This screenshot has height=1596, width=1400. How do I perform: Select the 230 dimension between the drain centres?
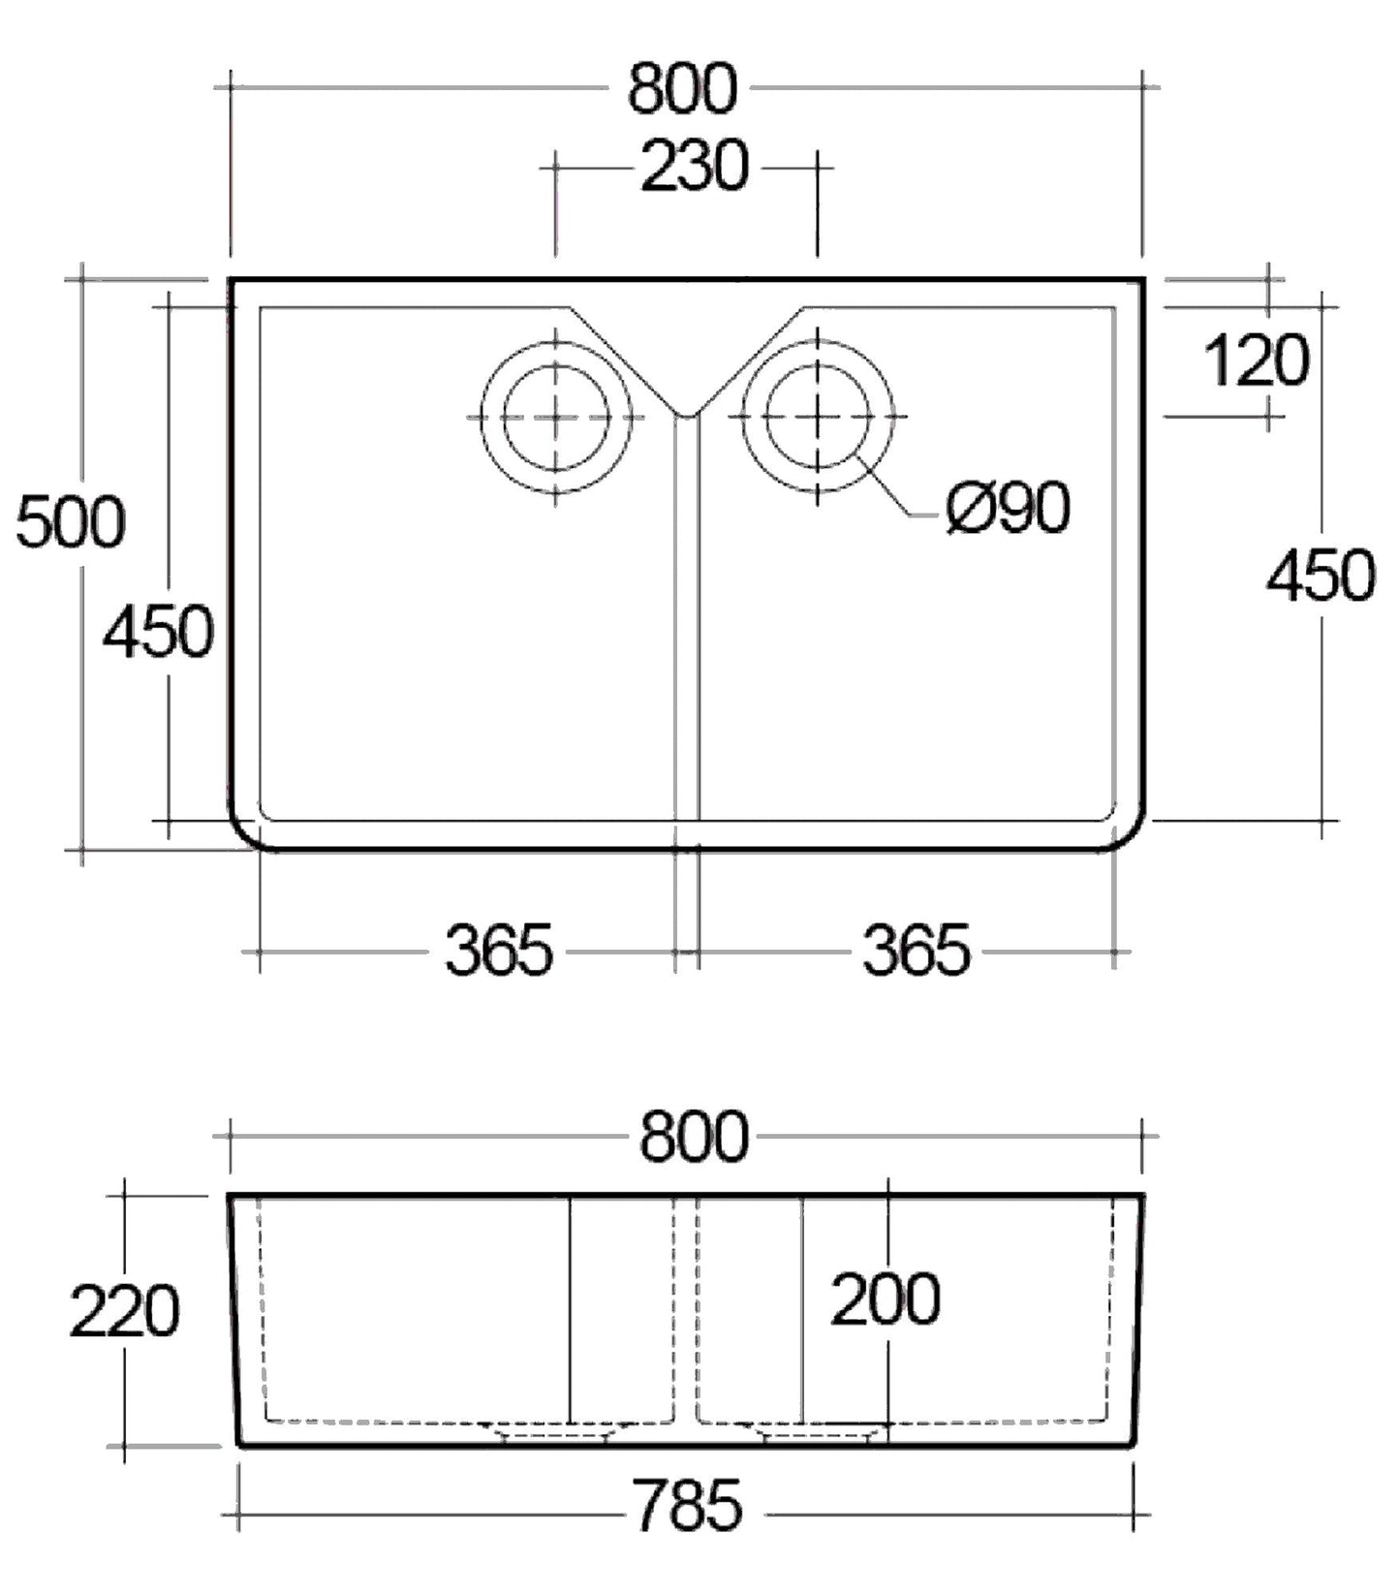695,166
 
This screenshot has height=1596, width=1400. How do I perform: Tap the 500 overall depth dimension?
71,521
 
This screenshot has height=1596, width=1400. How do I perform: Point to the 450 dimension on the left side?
158,631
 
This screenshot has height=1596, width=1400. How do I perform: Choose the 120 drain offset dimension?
1256,360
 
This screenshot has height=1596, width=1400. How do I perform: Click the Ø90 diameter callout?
1009,507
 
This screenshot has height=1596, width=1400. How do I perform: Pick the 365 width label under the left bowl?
498,950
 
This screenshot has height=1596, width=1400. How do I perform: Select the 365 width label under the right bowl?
916,950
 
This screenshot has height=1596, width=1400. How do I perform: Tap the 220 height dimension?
124,1312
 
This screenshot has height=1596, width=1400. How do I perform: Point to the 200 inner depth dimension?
885,1299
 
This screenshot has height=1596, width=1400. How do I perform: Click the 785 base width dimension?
686,1505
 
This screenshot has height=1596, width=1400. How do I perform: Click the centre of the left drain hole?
556,417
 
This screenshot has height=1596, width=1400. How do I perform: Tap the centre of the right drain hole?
819,417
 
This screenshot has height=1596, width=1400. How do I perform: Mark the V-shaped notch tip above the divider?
687,415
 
